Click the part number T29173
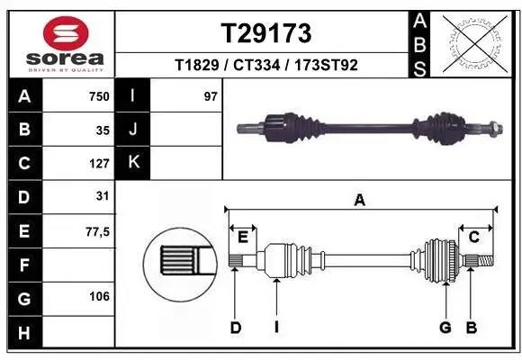[x=266, y=33]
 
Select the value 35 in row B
[x=103, y=130]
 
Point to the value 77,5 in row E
[x=97, y=231]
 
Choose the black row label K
[x=133, y=163]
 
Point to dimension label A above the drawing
[x=359, y=201]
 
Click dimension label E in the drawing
[x=242, y=236]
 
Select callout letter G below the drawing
[x=445, y=328]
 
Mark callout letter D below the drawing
[x=235, y=328]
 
